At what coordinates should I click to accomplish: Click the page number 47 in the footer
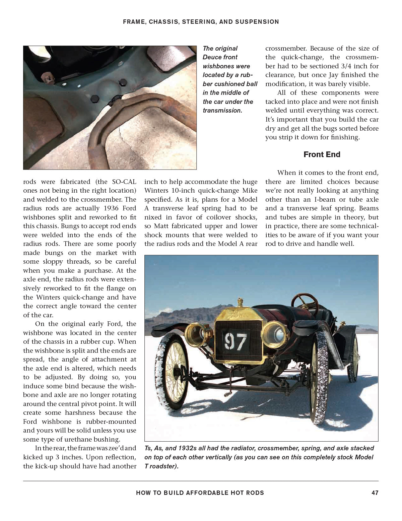375,493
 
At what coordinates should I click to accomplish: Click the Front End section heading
322,154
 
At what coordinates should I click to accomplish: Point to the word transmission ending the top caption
222,111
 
